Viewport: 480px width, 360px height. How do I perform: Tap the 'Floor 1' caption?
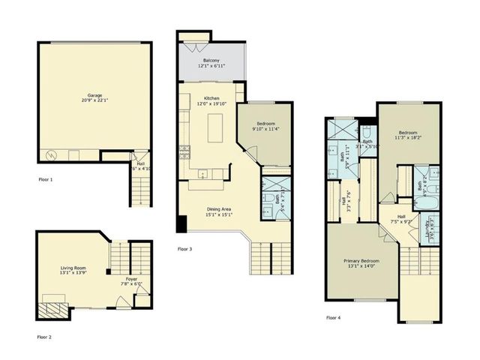click(46, 180)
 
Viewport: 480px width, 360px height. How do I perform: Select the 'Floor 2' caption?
click(46, 337)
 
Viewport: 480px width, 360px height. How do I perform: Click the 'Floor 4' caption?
click(333, 317)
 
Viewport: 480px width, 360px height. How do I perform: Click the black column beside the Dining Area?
click(181, 223)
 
